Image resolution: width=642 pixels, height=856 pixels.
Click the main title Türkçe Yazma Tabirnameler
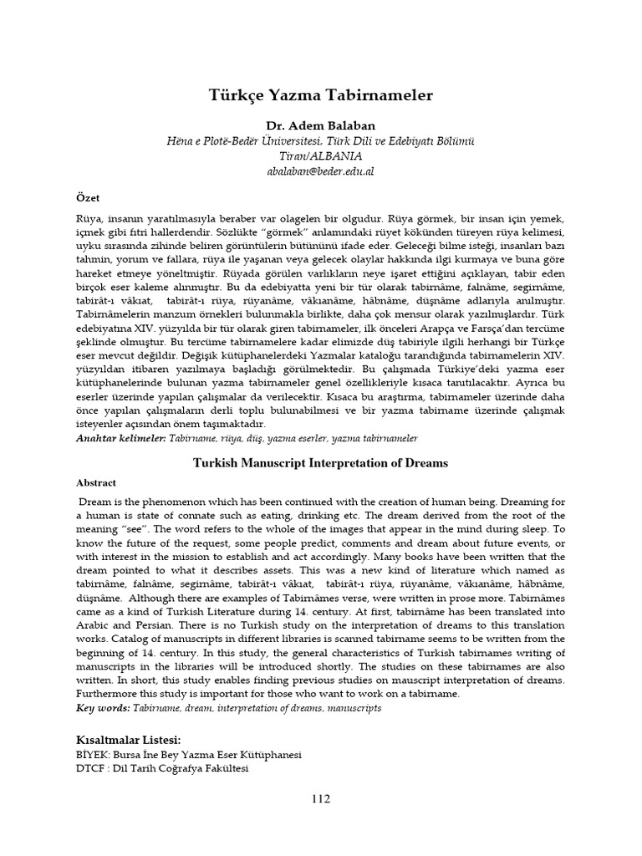click(321, 95)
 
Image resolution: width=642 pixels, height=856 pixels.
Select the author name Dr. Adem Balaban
click(321, 125)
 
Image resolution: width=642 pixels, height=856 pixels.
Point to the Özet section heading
click(89, 198)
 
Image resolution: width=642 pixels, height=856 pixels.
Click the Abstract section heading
click(97, 482)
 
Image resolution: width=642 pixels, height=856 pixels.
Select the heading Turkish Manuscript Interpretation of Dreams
click(321, 462)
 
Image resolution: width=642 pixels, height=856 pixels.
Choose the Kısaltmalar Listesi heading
click(128, 740)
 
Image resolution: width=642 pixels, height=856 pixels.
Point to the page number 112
click(321, 798)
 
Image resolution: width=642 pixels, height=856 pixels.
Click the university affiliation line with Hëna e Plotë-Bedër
click(321, 140)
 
